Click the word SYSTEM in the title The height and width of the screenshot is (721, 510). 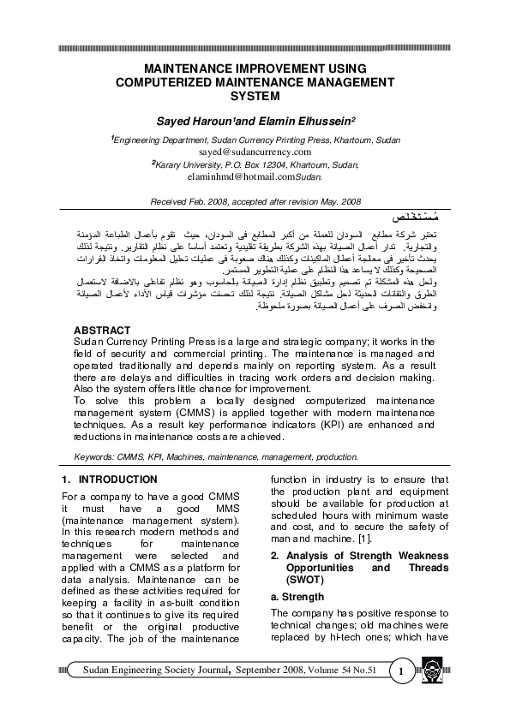pyautogui.click(x=255, y=97)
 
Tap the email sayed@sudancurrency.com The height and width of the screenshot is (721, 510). pyautogui.click(x=255, y=152)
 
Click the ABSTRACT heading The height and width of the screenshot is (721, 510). pyautogui.click(x=102, y=330)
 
